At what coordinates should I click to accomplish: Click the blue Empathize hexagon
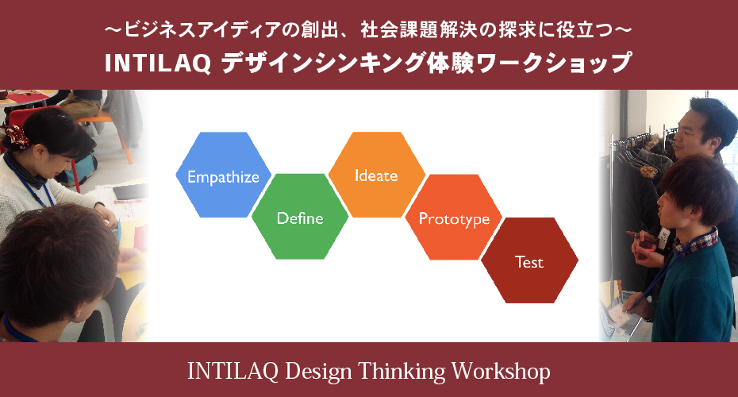(x=224, y=175)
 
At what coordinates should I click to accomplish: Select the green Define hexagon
(x=300, y=217)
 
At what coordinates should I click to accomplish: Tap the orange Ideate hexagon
(x=376, y=175)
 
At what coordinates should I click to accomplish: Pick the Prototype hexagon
(x=454, y=217)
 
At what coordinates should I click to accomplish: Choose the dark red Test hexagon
(x=529, y=260)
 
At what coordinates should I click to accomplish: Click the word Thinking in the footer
(x=402, y=372)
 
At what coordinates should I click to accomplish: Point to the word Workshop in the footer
(x=501, y=372)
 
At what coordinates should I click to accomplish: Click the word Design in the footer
(x=319, y=372)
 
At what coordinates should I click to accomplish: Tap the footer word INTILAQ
(x=233, y=372)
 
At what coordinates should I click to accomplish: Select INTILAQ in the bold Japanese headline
(x=158, y=64)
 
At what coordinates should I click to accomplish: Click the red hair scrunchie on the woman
(x=17, y=136)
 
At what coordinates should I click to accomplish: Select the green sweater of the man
(x=692, y=292)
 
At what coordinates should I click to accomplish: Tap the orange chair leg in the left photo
(x=123, y=141)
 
